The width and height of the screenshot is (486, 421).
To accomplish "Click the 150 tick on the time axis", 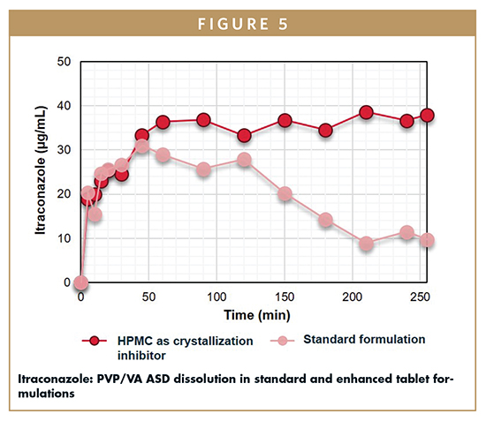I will point(285,298).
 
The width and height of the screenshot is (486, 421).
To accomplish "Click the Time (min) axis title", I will point(257,314).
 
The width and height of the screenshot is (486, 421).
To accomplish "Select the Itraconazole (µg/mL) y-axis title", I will point(40,173).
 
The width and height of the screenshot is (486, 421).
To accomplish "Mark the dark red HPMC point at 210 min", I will point(366,112).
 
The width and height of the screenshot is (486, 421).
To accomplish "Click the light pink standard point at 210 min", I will point(366,244).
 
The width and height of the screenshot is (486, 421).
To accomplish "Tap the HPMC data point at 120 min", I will point(244,136).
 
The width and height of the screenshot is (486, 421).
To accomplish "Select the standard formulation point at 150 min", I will point(285,194).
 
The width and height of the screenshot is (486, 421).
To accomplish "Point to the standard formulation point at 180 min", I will point(325,220).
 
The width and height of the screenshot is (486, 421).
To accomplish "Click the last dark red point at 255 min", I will point(427,115).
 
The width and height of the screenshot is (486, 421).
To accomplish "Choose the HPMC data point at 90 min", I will point(203,120).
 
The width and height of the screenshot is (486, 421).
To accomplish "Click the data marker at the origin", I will point(81,282).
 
